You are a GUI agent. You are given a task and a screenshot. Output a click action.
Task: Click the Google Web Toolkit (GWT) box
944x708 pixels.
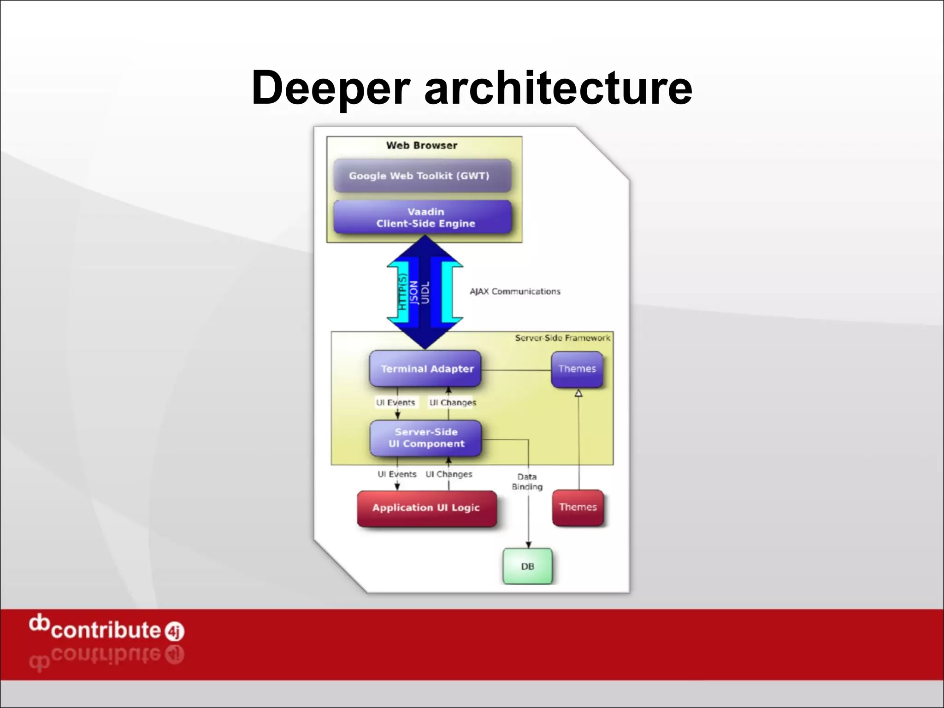[422, 176]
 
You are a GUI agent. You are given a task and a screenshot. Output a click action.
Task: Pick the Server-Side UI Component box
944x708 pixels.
[425, 438]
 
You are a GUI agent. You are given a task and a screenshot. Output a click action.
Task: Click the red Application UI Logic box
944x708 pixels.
[426, 508]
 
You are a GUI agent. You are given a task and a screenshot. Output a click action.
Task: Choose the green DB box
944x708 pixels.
[527, 566]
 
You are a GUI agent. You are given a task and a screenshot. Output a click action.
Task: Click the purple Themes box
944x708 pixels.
[577, 369]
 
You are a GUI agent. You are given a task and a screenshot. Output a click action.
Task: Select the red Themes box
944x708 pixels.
[578, 507]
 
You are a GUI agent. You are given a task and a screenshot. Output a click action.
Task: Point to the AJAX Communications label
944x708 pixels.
[515, 291]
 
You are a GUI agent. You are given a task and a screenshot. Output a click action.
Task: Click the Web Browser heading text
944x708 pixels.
[422, 146]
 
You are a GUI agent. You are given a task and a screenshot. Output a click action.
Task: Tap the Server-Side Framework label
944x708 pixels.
[562, 338]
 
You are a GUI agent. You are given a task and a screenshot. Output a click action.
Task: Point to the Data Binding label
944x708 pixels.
[527, 482]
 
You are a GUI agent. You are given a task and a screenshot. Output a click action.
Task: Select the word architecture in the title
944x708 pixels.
[558, 88]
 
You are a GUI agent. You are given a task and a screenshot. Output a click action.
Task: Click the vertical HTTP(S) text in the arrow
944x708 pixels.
[402, 292]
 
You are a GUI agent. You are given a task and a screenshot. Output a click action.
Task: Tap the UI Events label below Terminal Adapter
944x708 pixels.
[395, 402]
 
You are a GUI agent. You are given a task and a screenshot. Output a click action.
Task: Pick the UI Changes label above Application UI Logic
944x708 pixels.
[449, 474]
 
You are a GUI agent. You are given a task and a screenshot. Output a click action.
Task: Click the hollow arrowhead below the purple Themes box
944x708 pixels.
[578, 393]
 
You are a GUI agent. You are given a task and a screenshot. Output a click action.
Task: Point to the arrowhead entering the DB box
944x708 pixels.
[528, 544]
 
